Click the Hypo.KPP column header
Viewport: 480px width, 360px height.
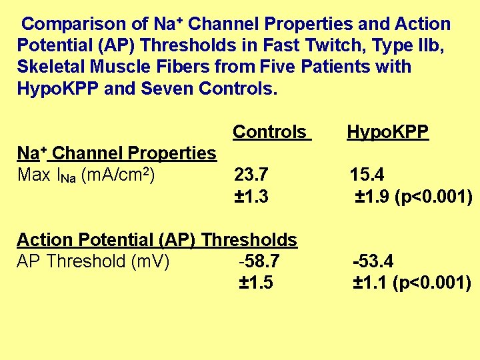tap(387, 132)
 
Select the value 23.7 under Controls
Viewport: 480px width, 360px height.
tap(251, 175)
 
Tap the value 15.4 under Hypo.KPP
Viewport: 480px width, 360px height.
tap(367, 175)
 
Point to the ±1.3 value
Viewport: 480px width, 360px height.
tap(252, 197)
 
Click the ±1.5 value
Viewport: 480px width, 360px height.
tap(256, 283)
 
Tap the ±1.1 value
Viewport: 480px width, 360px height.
tap(371, 283)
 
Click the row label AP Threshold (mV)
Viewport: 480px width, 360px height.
tap(93, 261)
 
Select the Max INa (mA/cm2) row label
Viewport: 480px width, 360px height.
tap(87, 175)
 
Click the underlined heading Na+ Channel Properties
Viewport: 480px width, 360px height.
tap(117, 153)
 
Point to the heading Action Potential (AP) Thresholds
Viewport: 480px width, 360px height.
tap(157, 239)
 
